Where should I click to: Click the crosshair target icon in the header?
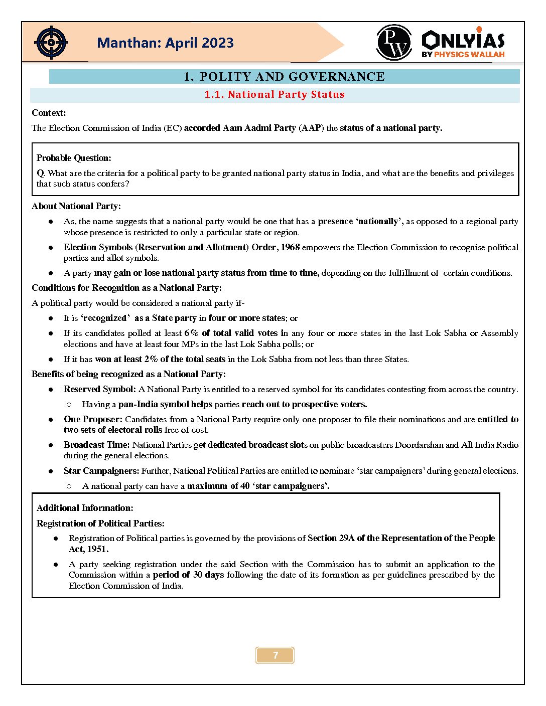point(51,43)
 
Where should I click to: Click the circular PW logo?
point(394,43)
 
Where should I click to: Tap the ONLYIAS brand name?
point(463,40)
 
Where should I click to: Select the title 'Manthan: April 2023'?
point(165,43)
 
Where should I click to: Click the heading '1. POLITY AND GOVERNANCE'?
point(284,77)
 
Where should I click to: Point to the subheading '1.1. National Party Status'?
point(275,95)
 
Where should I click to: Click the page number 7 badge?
point(275,655)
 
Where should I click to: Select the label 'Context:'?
point(49,113)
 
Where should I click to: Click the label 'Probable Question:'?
point(74,158)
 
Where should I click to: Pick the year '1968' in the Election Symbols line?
point(290,247)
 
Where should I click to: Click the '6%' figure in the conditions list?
point(191,333)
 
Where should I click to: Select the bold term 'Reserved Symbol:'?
point(99,389)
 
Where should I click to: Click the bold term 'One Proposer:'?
point(93,419)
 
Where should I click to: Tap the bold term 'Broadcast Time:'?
point(96,445)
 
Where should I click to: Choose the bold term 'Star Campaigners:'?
point(101,471)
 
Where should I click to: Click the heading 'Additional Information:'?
point(85,508)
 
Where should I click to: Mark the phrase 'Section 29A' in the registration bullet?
point(331,538)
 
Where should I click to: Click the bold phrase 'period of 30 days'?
point(188,575)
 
